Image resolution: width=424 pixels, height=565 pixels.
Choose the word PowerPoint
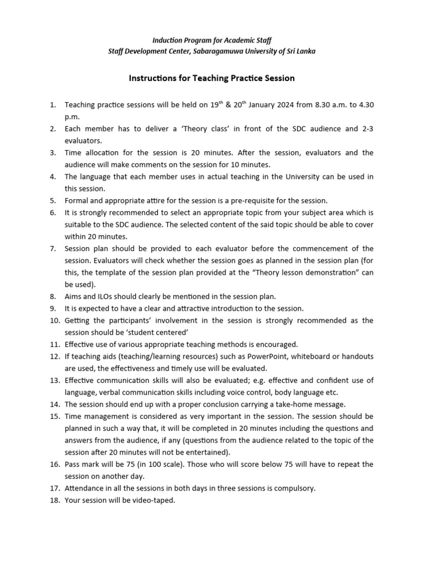click(287, 356)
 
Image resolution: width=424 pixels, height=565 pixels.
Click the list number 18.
click(54, 500)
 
